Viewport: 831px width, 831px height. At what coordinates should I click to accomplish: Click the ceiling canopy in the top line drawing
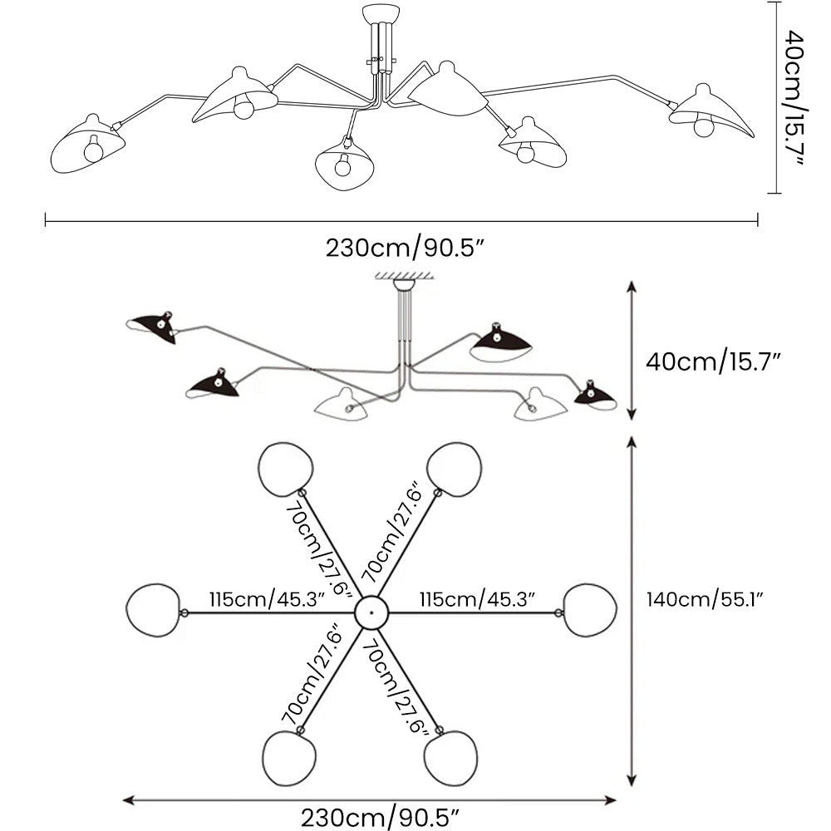[381, 14]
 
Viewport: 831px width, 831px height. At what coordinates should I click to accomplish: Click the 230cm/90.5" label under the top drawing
[404, 248]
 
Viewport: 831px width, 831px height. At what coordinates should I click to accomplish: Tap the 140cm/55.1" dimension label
[705, 598]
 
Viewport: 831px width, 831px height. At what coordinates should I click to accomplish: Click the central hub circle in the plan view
[371, 613]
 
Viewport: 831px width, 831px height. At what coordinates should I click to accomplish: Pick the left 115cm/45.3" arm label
[266, 599]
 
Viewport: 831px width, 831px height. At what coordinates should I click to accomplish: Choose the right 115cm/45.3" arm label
[476, 599]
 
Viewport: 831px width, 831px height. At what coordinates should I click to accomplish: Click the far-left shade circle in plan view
[155, 610]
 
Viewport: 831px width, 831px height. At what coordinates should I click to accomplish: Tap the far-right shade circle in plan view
[590, 610]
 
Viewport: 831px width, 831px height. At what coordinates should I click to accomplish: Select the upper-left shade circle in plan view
[285, 470]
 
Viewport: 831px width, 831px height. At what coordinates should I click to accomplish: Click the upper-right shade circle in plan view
[454, 469]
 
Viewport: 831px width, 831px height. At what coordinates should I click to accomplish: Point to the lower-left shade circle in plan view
[289, 758]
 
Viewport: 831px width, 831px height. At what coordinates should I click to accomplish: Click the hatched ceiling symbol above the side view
[404, 275]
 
